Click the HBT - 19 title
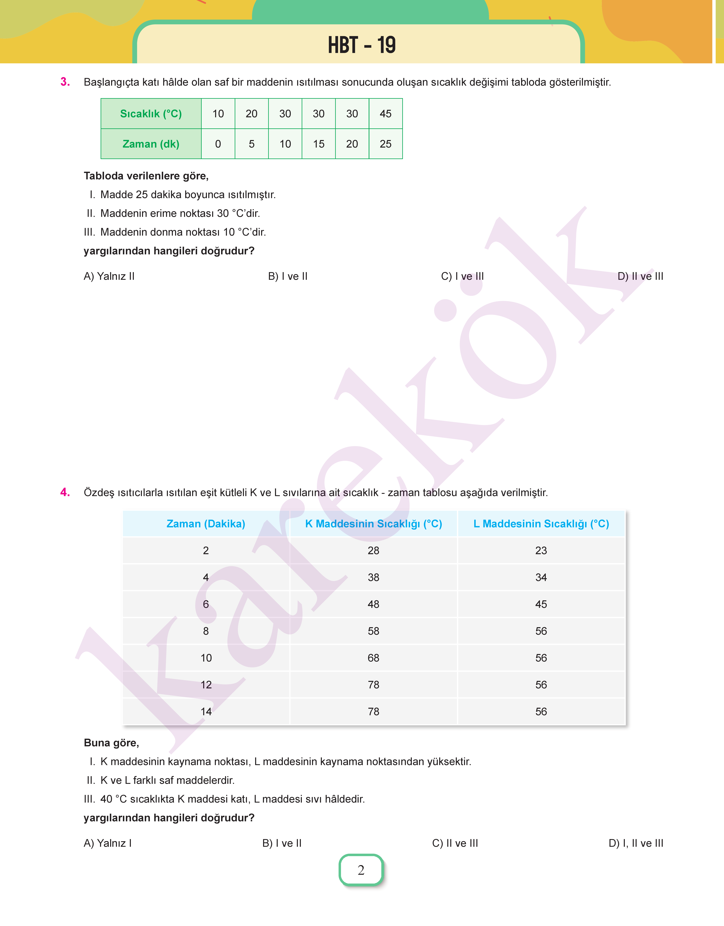pyautogui.click(x=362, y=45)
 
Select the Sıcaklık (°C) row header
pyautogui.click(x=151, y=114)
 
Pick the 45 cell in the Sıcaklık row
pyautogui.click(x=385, y=114)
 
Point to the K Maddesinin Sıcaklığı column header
pyautogui.click(x=373, y=524)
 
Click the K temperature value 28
pyautogui.click(x=373, y=551)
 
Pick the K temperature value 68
pyautogui.click(x=373, y=658)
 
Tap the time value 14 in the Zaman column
pyautogui.click(x=206, y=712)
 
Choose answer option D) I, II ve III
pyautogui.click(x=636, y=843)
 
